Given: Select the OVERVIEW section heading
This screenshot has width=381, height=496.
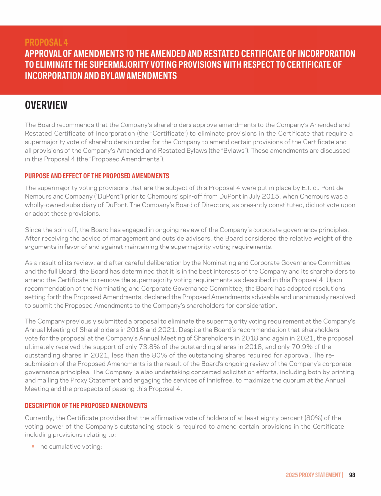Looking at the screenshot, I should [x=46, y=105].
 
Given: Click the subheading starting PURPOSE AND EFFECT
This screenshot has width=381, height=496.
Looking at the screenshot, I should [x=97, y=176].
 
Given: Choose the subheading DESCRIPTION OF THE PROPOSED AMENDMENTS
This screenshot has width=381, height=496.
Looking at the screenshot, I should [x=86, y=406].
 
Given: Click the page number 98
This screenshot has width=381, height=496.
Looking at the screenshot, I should [x=352, y=475].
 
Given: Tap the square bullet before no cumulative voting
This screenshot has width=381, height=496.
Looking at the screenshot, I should [x=33, y=446].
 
